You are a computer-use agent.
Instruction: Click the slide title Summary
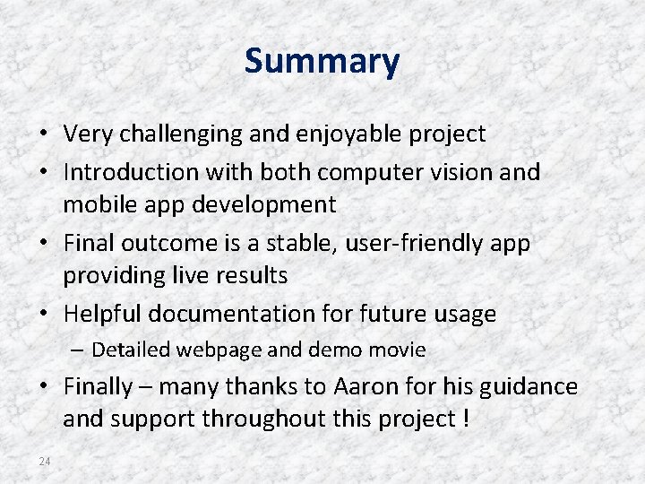point(322,62)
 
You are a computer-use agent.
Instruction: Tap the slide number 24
point(45,461)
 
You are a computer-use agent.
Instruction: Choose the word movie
point(397,350)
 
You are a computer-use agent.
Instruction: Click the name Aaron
point(365,387)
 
